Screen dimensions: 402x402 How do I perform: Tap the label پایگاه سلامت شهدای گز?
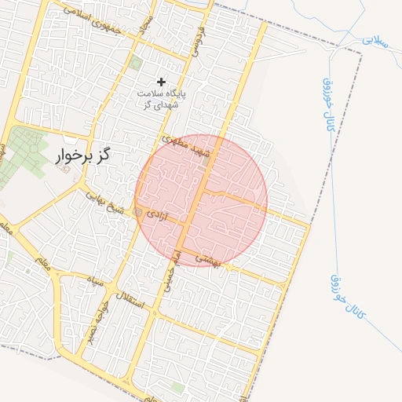click(162, 100)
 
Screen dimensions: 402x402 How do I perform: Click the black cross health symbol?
click(162, 82)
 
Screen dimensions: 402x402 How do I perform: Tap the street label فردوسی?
click(197, 39)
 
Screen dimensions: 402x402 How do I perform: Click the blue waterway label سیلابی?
click(375, 41)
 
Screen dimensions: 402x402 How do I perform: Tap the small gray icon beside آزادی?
click(139, 213)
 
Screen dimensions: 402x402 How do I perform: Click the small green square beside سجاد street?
click(135, 63)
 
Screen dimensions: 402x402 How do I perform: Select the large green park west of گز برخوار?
click(24, 149)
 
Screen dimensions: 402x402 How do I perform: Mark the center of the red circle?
click(201, 201)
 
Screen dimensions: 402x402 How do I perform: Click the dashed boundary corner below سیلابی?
click(361, 53)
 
